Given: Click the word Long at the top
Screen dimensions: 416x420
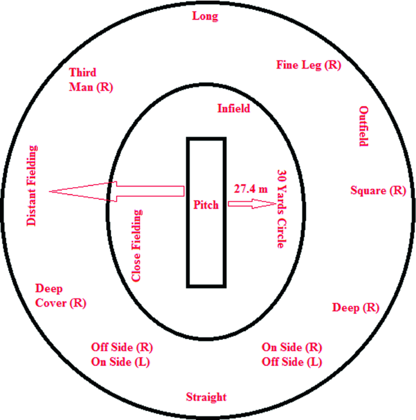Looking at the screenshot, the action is pos(205,16).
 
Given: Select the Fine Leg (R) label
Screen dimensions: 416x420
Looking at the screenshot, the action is pos(309,64).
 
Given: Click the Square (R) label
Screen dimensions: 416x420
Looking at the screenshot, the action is pos(378,190).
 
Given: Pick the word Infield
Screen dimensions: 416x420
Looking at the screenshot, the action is pos(234,108).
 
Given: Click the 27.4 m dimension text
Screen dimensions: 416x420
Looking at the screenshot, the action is pos(251,189).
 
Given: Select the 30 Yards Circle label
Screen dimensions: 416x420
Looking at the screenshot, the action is pos(281,209).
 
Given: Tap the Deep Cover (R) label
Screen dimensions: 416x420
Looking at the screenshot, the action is pos(61,295).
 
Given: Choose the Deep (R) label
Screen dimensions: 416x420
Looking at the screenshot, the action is pos(355,308).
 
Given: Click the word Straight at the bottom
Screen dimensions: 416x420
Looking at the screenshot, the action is pos(206,397).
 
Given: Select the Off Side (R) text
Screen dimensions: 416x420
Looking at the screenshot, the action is pos(121,348).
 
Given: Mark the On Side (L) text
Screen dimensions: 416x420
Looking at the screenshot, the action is pos(121,362).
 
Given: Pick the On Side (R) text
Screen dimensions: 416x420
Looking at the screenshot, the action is pos(292,348).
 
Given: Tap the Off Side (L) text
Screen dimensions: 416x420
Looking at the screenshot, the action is pos(292,362).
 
